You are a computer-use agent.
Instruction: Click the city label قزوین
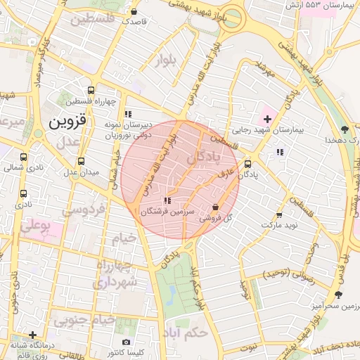click(67, 122)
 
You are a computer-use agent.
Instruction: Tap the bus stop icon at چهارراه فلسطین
click(90, 91)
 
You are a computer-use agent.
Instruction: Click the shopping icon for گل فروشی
click(215, 207)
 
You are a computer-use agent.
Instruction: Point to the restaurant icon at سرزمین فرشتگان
click(167, 200)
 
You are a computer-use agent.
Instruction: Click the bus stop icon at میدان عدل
click(81, 161)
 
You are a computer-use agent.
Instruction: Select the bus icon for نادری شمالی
click(25, 157)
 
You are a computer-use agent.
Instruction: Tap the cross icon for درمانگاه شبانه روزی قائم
click(32, 335)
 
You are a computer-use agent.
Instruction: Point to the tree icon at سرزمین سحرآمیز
click(339, 295)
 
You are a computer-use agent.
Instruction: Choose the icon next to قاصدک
click(134, 11)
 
